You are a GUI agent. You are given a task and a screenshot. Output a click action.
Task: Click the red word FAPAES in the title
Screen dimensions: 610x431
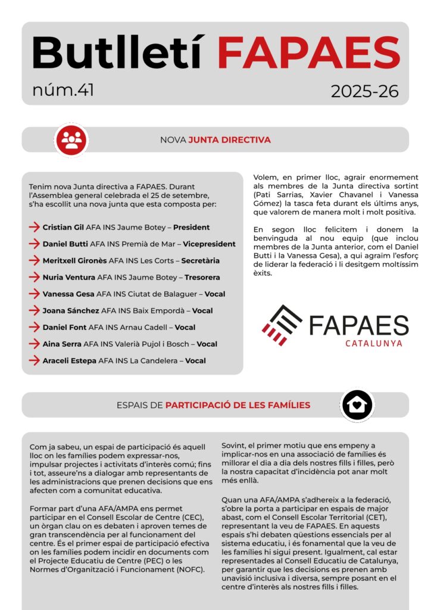(308, 52)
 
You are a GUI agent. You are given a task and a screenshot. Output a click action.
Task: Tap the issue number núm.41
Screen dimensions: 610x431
(63, 91)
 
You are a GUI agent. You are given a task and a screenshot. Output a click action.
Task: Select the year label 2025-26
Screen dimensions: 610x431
(364, 92)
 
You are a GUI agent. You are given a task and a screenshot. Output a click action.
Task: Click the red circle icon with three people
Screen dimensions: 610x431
(71, 140)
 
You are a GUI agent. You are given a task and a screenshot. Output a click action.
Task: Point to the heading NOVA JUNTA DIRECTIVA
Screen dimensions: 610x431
(215, 140)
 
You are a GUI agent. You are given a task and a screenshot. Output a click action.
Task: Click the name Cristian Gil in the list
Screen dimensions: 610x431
(63, 227)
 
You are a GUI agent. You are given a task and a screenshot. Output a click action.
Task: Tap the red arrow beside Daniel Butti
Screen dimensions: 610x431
(34, 244)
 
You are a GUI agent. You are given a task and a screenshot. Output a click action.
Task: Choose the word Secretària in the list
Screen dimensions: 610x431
(200, 260)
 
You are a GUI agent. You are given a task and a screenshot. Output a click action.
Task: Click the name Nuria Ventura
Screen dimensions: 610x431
(68, 277)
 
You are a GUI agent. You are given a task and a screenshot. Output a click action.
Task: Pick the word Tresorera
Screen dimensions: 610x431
(202, 277)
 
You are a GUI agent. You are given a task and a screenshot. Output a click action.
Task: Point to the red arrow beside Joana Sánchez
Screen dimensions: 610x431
(34, 310)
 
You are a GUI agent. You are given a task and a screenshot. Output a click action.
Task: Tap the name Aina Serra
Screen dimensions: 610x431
(62, 344)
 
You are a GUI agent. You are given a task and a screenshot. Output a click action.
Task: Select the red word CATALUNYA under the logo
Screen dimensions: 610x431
(373, 343)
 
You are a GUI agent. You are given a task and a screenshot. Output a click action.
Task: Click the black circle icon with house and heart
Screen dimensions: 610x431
(357, 405)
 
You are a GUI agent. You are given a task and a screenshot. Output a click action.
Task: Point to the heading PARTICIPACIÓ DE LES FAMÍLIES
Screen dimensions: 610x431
(238, 405)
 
